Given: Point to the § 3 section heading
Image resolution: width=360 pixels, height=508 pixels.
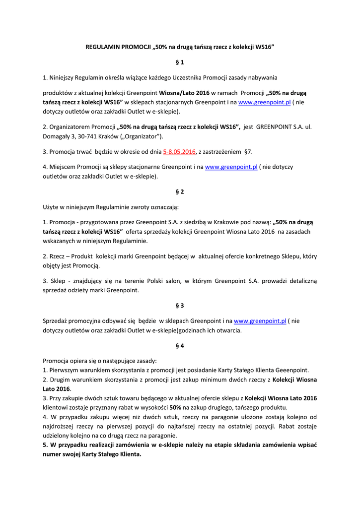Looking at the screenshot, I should [180, 306].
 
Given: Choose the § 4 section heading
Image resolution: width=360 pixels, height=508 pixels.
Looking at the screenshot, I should [180, 346].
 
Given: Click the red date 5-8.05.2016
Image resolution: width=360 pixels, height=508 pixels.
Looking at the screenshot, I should [179, 152].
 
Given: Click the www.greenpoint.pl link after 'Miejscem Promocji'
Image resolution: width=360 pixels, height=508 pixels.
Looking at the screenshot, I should [231, 167].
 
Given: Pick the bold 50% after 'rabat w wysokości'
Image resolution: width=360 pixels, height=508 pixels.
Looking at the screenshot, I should [175, 407].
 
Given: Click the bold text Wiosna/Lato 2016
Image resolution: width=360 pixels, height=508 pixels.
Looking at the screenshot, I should [184, 93].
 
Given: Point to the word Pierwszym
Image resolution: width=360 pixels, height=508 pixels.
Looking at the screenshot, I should [64, 370].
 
